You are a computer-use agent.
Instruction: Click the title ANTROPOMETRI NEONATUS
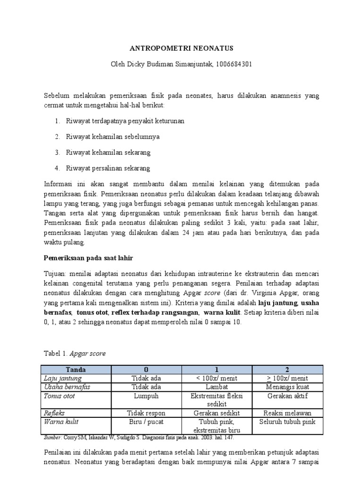pos(181,49)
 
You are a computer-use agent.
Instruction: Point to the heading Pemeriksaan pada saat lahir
pos(89,258)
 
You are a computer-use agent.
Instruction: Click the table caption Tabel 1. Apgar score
pos(74,353)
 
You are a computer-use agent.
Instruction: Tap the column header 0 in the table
pos(146,370)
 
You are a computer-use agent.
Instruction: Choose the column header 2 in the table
pos(287,370)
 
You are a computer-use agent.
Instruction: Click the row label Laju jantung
pos(62,378)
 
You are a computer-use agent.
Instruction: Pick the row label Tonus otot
pos(59,396)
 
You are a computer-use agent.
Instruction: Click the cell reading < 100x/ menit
pos(217,378)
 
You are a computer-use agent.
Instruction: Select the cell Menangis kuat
pos(287,387)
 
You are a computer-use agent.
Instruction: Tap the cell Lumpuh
pos(146,396)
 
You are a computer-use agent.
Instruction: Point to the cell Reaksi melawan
pos(287,413)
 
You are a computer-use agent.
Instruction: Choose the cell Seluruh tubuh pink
pos(287,422)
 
